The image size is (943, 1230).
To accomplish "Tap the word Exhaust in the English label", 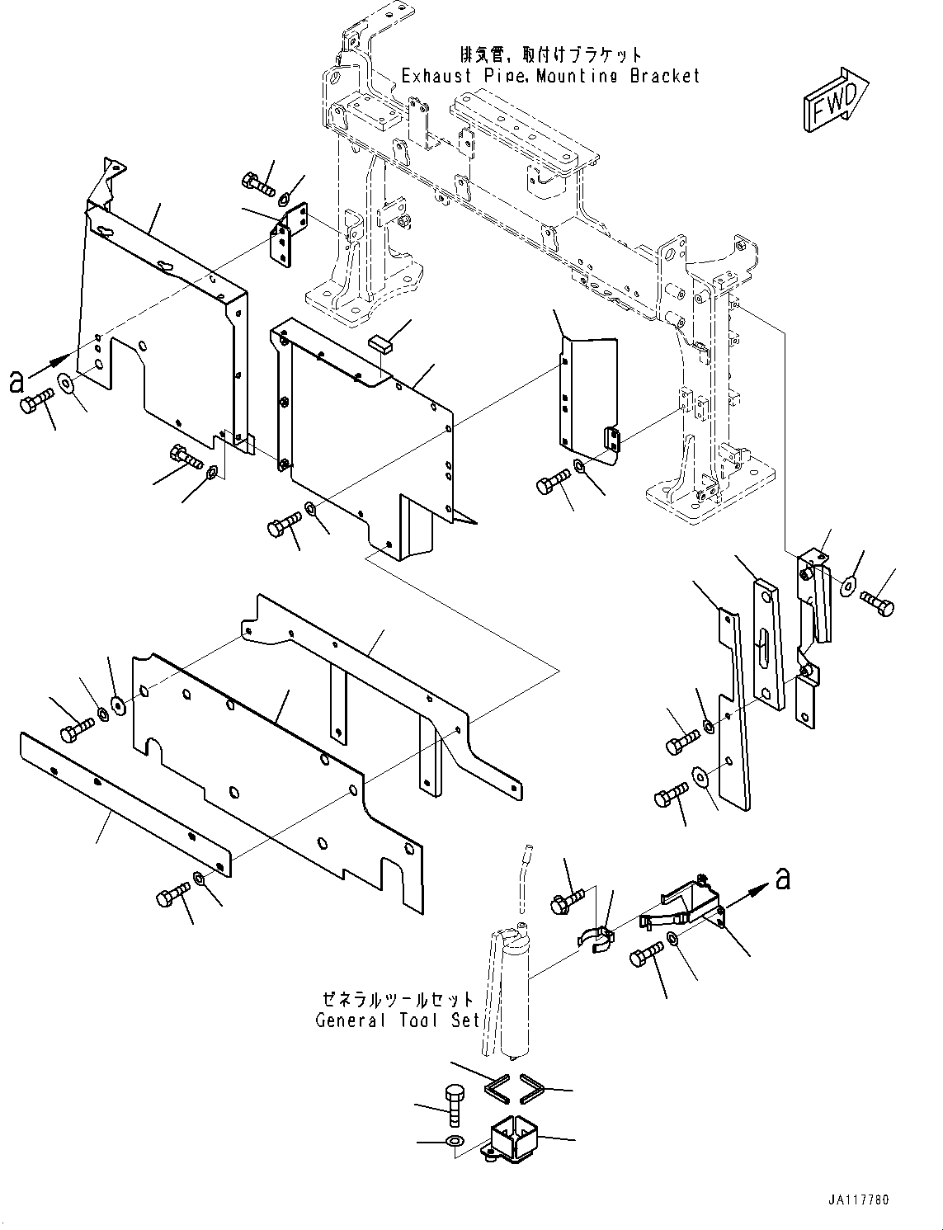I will [436, 76].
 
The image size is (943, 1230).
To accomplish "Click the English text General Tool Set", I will [397, 1020].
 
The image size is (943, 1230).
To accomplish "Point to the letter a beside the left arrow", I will [16, 380].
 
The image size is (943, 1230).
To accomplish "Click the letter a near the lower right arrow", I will [782, 879].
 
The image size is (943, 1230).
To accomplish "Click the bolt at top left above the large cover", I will [258, 182].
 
